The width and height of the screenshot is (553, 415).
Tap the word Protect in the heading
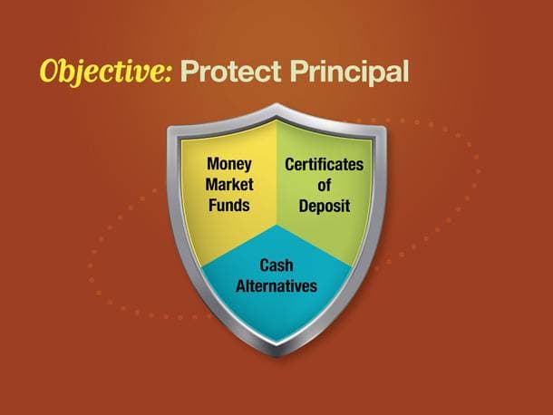[231, 72]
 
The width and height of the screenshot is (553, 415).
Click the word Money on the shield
[229, 164]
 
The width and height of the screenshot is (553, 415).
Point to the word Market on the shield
[229, 185]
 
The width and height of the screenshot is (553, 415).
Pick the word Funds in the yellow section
[229, 205]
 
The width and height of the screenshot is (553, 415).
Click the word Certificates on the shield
[325, 164]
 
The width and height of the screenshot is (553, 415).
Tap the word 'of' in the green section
[325, 185]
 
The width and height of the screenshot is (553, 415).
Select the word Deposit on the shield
[325, 206]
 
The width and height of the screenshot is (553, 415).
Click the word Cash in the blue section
[276, 265]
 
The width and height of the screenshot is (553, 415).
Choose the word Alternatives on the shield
[276, 285]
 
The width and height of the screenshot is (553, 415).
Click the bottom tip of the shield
[276, 355]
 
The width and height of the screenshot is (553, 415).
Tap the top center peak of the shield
[276, 104]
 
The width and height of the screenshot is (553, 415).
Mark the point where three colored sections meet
[276, 225]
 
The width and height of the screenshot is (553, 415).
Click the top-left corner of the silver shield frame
[169, 127]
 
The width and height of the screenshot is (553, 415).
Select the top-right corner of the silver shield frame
[385, 127]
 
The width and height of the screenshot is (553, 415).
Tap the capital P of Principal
[299, 72]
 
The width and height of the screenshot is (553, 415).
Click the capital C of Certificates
[289, 164]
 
